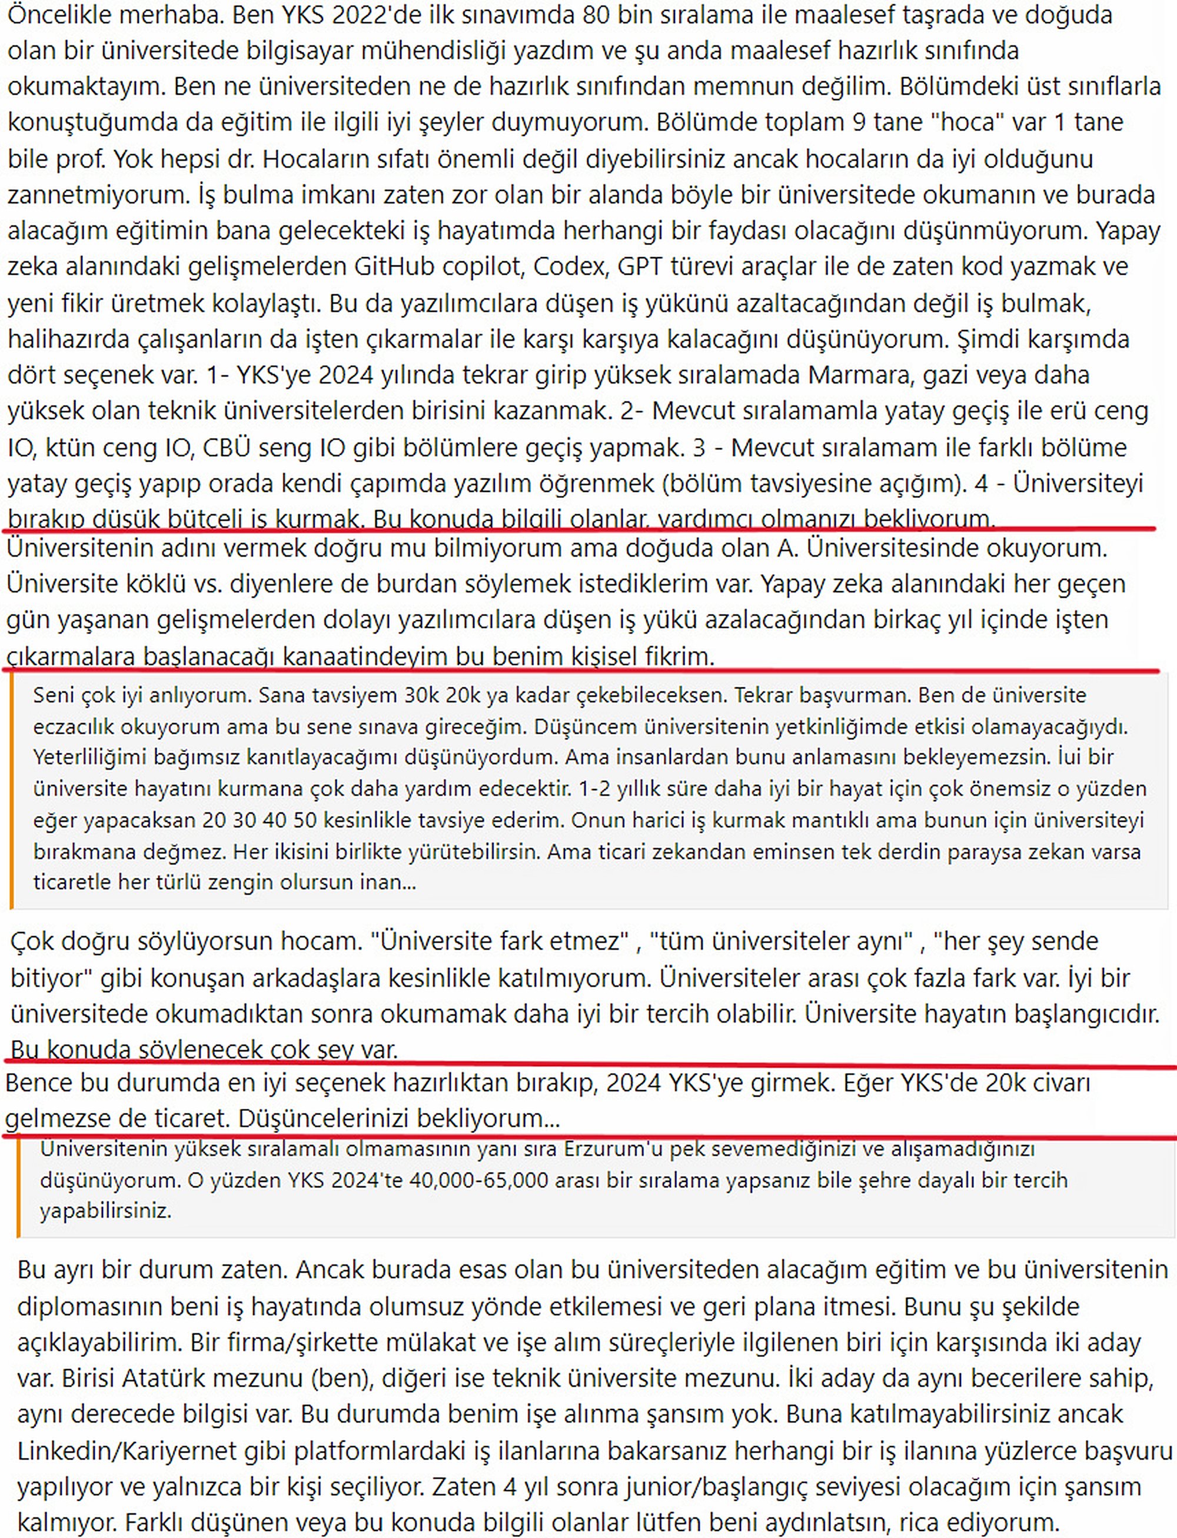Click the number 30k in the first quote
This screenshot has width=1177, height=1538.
click(423, 695)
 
